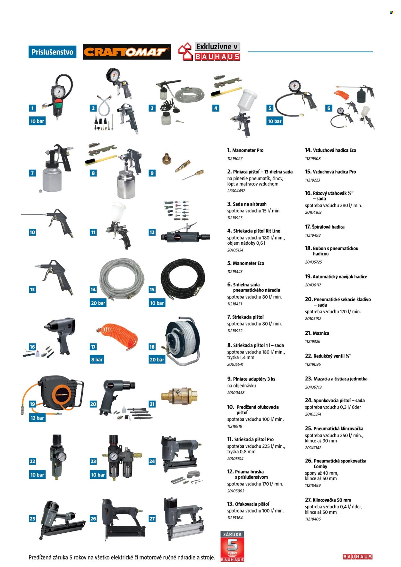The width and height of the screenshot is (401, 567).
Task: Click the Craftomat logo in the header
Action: coord(127,52)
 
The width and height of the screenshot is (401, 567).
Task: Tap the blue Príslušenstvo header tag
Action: coord(52,52)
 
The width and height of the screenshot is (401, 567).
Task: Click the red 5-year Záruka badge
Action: coord(232,546)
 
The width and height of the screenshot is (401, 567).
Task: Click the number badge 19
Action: coord(32,404)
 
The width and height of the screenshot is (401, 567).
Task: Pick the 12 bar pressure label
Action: coord(37,418)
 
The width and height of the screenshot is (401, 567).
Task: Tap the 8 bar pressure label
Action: coord(97,360)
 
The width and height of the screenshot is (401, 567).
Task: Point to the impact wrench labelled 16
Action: coord(62,335)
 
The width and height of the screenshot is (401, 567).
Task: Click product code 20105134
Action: coord(235,250)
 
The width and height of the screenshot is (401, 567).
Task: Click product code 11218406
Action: coord(313,519)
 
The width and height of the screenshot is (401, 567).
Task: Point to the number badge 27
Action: coord(152,519)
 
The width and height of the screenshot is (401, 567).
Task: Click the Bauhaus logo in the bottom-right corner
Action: coord(357,557)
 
